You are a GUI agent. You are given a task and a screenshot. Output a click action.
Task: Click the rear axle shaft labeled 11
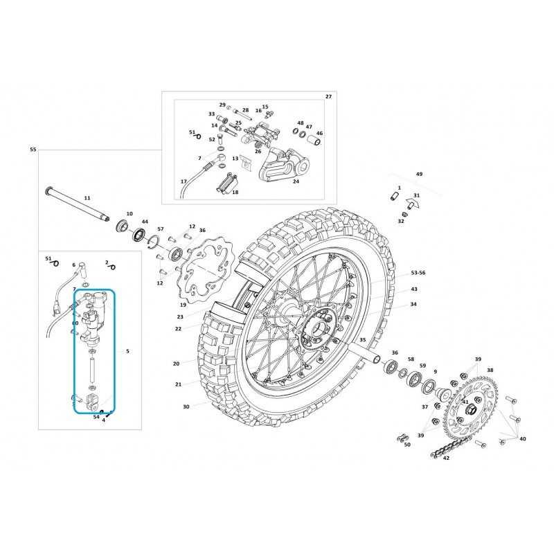pyautogui.click(x=77, y=205)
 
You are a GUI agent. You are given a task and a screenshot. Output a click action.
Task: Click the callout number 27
pyautogui.click(x=328, y=96)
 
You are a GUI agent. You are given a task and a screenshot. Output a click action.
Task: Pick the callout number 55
pyautogui.click(x=33, y=150)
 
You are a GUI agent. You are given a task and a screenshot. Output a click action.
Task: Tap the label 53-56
pyautogui.click(x=418, y=273)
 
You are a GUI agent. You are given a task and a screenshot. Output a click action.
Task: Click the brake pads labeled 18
pyautogui.click(x=226, y=184)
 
